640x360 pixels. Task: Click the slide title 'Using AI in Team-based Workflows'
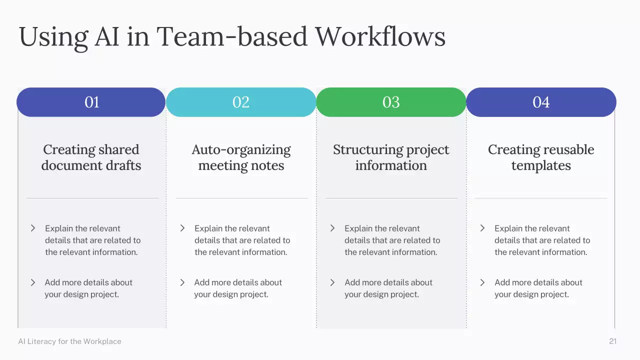coord(232,36)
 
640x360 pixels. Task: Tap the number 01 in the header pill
coord(92,102)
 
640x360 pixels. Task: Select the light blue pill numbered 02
coord(241,102)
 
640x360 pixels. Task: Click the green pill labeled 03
coord(391,102)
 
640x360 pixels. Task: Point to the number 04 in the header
coord(541,102)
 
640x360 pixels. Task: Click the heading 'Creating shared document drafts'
coord(91,157)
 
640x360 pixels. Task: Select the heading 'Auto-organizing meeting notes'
coord(241,157)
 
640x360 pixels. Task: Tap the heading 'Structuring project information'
coord(391,157)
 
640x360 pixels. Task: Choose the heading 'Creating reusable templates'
coord(541,157)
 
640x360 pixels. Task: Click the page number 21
coord(612,341)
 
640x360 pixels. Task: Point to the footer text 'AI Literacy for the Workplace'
coord(69,341)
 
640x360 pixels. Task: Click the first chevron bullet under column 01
coord(33,228)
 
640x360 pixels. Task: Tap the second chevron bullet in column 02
coord(182,282)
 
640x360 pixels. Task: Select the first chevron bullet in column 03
coord(332,228)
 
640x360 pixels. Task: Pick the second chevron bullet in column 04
coord(482,282)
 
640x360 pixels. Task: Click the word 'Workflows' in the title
coord(380,36)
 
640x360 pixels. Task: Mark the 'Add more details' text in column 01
coord(88,288)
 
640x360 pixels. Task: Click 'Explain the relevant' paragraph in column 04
coord(542,240)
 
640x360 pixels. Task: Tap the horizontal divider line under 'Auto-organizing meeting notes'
coord(242,198)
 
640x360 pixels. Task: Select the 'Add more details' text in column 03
coord(388,288)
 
